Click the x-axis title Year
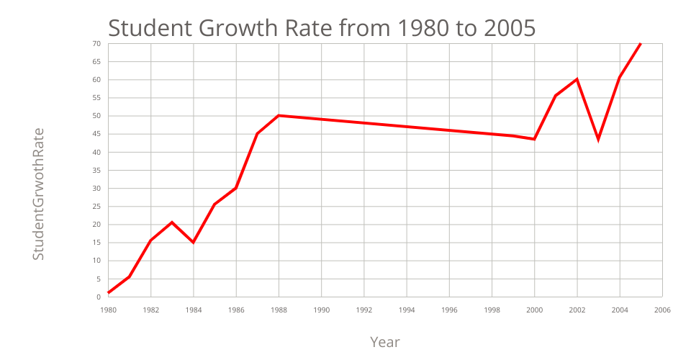[x=385, y=342]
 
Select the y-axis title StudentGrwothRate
[x=39, y=194]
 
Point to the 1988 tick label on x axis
[x=279, y=310]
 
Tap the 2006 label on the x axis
[x=662, y=310]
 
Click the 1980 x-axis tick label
[x=108, y=310]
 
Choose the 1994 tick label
[x=407, y=310]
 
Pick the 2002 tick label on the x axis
[x=577, y=310]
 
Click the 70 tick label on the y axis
[x=96, y=44]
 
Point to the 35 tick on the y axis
[x=96, y=171]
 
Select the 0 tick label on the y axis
[x=99, y=297]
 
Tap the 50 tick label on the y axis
[x=96, y=116]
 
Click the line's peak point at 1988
[x=279, y=115]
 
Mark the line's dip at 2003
[x=598, y=139]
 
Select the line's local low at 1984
[x=193, y=243]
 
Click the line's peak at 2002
[x=577, y=79]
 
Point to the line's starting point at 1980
[x=108, y=292]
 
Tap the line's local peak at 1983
[x=172, y=222]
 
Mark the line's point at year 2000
[x=534, y=139]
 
